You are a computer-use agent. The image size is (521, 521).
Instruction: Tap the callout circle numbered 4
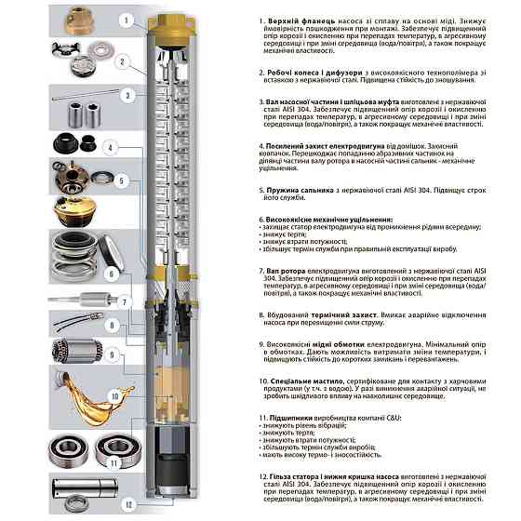(109, 148)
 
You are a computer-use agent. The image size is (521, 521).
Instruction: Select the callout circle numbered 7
(122, 301)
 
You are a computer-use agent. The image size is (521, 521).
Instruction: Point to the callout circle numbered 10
(115, 396)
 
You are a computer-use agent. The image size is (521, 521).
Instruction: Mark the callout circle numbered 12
(128, 503)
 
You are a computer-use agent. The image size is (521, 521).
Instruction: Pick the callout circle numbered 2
(122, 61)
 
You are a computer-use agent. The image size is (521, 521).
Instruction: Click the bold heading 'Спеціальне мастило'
(300, 381)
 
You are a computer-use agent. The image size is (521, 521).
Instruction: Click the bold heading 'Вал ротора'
(285, 268)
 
